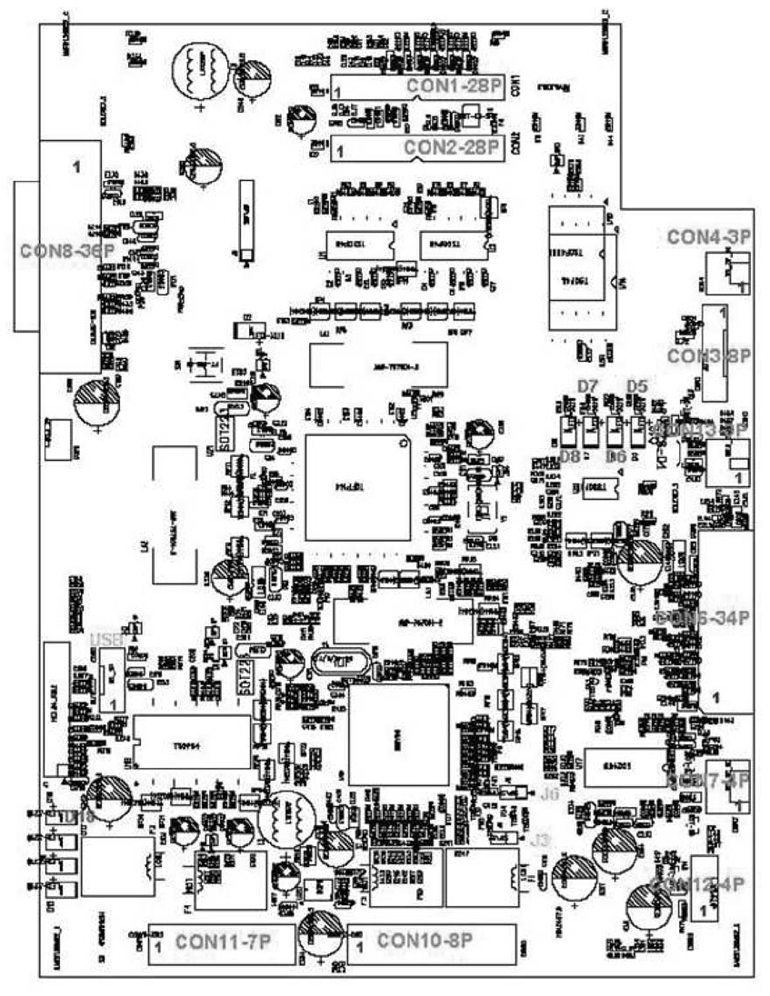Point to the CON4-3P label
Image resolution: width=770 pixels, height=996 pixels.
pyautogui.click(x=709, y=238)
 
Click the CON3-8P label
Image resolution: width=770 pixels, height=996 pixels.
pyautogui.click(x=709, y=356)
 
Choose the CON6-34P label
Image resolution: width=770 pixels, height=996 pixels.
pyautogui.click(x=709, y=618)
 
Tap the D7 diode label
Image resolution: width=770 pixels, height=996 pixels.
pyautogui.click(x=587, y=387)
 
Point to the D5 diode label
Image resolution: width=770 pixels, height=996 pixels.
pyautogui.click(x=636, y=387)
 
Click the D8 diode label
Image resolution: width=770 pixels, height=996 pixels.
pyautogui.click(x=570, y=455)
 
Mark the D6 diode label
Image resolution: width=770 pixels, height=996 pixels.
pyautogui.click(x=617, y=455)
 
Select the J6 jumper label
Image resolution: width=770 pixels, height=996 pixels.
pyautogui.click(x=547, y=793)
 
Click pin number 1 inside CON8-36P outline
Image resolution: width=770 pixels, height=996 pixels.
pyautogui.click(x=77, y=167)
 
